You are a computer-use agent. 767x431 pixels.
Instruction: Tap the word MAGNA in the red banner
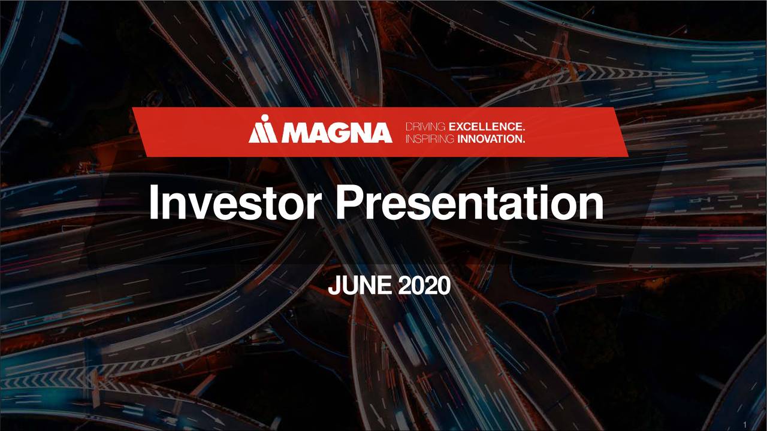336,132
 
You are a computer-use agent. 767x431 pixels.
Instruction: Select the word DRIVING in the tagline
425,127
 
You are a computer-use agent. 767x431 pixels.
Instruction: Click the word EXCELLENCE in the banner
487,127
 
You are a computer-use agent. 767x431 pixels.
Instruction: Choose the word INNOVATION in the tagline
491,139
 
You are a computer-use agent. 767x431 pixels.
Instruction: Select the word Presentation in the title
469,204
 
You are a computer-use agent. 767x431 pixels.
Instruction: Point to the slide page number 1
744,424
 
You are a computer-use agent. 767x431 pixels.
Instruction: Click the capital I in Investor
155,204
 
